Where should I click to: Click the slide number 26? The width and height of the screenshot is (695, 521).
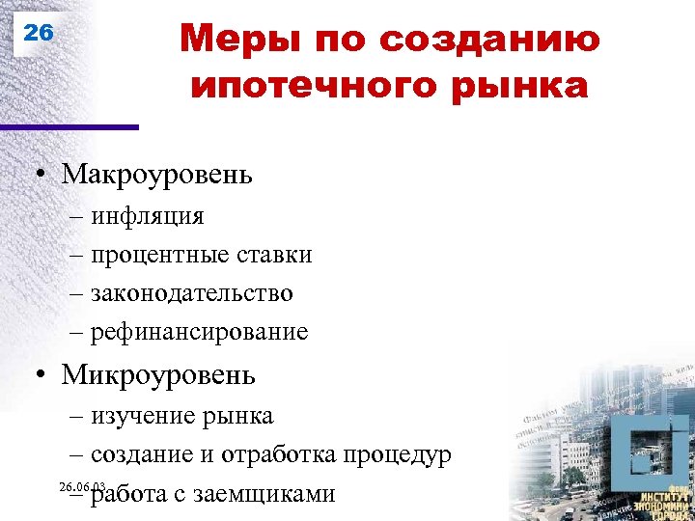[x=39, y=32]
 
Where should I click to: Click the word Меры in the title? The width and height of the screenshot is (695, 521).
[x=229, y=41]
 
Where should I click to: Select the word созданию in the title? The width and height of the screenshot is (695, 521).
[x=490, y=41]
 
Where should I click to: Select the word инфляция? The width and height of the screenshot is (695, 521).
[x=148, y=215]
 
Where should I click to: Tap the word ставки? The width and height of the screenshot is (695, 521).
[x=274, y=255]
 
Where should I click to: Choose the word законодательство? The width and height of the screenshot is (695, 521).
[x=192, y=292]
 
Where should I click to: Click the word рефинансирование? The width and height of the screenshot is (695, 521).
[x=200, y=332]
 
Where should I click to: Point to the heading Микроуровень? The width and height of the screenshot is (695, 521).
[x=158, y=373]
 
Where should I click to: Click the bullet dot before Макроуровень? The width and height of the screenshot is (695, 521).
[x=43, y=176]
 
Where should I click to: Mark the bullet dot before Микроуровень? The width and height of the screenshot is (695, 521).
[x=43, y=375]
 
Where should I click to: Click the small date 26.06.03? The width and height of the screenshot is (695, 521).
[x=82, y=484]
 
